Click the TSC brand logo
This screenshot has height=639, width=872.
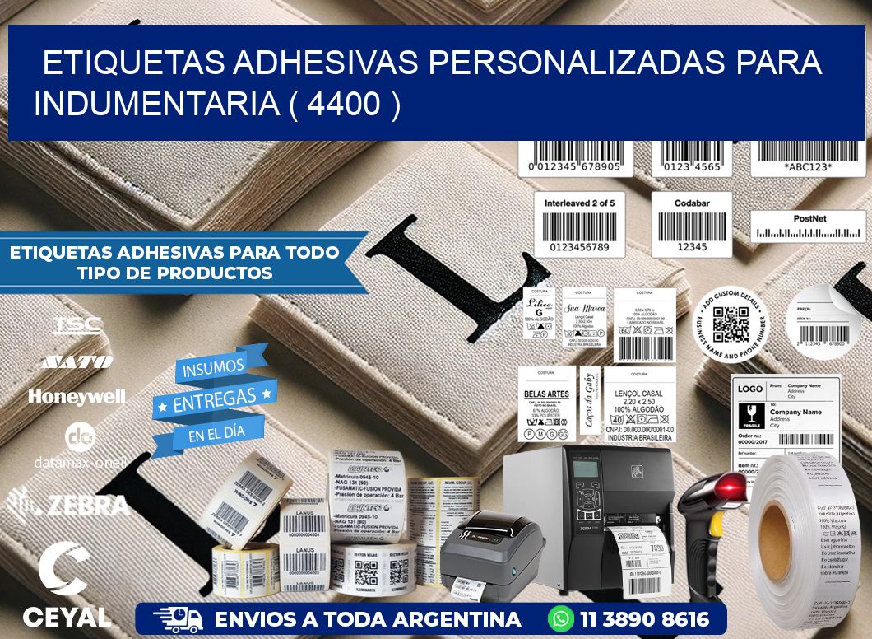[77, 324]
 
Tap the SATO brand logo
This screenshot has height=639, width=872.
[77, 361]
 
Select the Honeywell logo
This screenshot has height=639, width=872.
[77, 396]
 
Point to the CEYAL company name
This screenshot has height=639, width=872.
[67, 616]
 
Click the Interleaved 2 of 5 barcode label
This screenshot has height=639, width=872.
[580, 224]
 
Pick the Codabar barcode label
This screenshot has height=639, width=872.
[692, 224]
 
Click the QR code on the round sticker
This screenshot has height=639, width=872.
[730, 324]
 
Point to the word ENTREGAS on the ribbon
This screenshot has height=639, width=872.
[214, 400]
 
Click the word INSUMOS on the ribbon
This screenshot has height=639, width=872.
[214, 367]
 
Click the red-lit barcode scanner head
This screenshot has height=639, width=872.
[731, 487]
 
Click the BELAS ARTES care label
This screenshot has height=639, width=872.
[546, 403]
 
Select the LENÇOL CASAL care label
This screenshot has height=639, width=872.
[639, 403]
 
